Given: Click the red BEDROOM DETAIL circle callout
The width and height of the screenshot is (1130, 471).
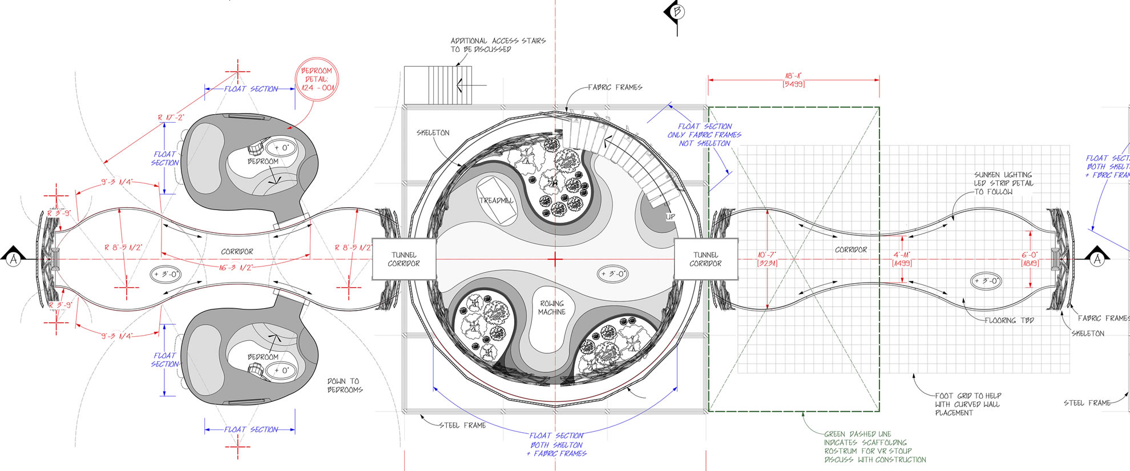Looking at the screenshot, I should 316,79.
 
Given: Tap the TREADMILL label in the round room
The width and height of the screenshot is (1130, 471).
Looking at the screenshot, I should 496,201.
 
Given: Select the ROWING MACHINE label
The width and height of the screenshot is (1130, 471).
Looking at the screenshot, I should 552,308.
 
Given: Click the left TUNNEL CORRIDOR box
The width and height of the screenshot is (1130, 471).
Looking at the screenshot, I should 403,259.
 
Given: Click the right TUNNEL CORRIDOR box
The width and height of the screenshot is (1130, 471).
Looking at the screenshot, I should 705,259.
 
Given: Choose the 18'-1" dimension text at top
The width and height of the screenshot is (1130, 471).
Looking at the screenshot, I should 793,80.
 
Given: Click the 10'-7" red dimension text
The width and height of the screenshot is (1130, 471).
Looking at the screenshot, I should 767,259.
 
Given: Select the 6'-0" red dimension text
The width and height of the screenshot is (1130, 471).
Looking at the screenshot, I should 1030,259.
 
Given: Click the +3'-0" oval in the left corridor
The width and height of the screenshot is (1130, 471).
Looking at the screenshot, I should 166,275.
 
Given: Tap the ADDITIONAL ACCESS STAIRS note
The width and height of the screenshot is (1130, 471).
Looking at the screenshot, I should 498,45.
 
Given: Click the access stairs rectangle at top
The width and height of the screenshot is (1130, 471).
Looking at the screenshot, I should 438,85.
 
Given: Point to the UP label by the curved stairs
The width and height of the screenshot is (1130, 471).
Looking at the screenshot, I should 670,217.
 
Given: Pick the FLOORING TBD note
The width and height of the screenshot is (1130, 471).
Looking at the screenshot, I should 1009,320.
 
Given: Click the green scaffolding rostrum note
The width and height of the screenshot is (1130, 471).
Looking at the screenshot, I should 874,446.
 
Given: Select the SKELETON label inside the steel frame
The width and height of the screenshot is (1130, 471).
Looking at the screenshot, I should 433,133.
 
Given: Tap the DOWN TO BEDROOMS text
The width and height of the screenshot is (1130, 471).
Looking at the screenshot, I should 345,385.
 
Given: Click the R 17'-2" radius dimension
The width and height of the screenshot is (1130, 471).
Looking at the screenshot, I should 171,118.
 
